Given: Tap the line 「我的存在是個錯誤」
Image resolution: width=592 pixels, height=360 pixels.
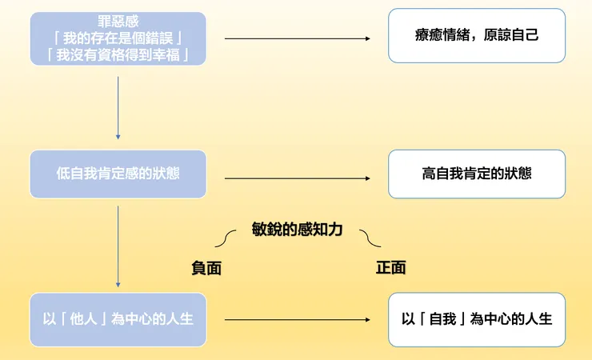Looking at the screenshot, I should pyautogui.click(x=118, y=37).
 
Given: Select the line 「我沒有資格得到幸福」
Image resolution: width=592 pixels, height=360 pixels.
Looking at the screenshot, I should pyautogui.click(x=118, y=54).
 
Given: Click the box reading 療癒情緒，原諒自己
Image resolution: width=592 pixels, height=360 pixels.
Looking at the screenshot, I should pyautogui.click(x=477, y=36).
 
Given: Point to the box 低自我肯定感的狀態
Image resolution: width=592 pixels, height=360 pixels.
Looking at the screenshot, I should pyautogui.click(x=118, y=174).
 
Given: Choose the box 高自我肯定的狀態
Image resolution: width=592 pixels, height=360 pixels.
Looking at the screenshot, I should pyautogui.click(x=477, y=174).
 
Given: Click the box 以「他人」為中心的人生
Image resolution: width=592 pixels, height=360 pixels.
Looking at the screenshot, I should pyautogui.click(x=118, y=318).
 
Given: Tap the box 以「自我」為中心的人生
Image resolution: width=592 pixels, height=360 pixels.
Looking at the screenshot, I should pyautogui.click(x=477, y=318).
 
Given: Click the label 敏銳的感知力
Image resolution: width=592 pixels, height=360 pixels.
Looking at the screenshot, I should pyautogui.click(x=297, y=230).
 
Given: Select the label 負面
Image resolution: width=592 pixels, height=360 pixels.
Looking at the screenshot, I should pyautogui.click(x=206, y=269).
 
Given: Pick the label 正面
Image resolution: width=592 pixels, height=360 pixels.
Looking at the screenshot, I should pyautogui.click(x=390, y=268).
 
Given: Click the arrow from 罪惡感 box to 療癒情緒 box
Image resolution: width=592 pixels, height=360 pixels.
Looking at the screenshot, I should pyautogui.click(x=298, y=38).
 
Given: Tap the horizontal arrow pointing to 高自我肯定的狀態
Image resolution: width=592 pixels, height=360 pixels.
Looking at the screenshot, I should pyautogui.click(x=298, y=178).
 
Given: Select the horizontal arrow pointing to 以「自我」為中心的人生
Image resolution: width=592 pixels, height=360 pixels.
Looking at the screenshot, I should pyautogui.click(x=298, y=320).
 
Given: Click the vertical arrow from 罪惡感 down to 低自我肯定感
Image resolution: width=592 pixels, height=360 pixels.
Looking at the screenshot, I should pyautogui.click(x=118, y=107).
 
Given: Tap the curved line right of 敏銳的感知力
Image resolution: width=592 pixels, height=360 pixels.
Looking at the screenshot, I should pyautogui.click(x=370, y=238).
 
